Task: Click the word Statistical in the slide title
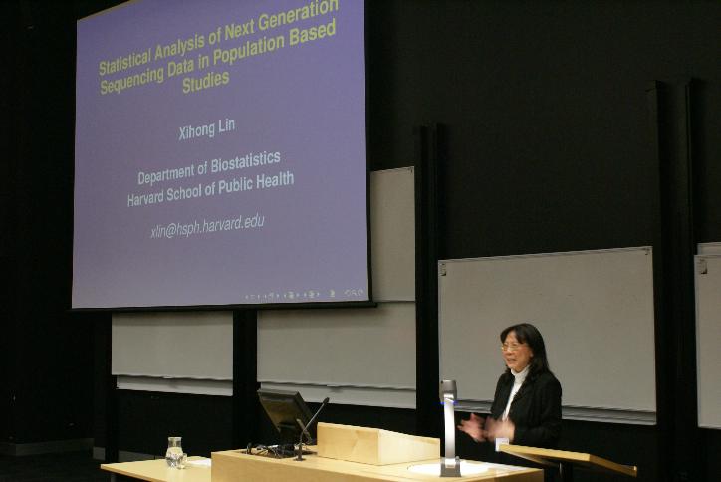(125, 61)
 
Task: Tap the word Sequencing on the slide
(132, 79)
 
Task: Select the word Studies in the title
(205, 82)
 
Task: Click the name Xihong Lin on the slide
(206, 129)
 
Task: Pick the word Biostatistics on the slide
(246, 162)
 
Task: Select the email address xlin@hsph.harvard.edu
(207, 226)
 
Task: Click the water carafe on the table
(174, 452)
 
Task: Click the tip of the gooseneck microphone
(327, 399)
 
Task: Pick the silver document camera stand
(449, 428)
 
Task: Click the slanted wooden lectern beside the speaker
(568, 458)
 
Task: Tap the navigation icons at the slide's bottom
(305, 294)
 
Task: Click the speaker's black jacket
(533, 409)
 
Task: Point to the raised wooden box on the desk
(377, 443)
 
